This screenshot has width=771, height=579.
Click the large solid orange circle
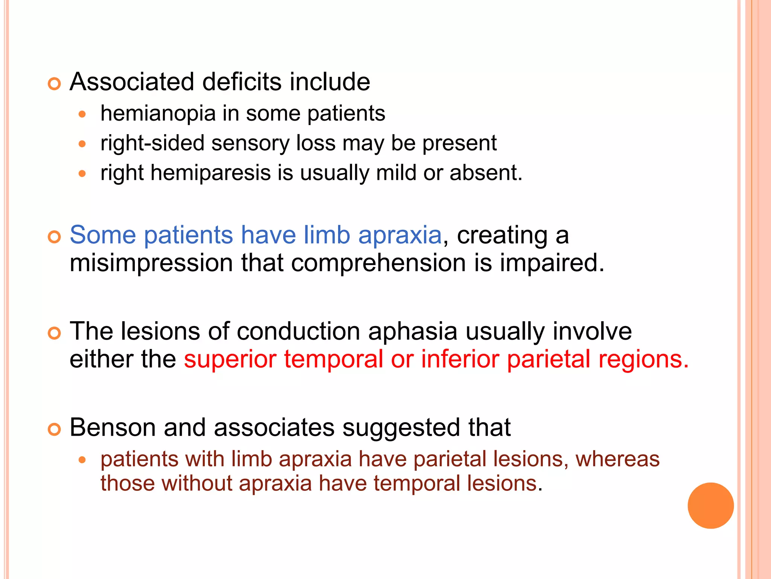[710, 505]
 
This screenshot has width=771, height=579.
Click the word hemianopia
[158, 113]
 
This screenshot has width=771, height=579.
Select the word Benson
[113, 427]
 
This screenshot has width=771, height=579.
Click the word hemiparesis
[210, 173]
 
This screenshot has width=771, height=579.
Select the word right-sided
[152, 143]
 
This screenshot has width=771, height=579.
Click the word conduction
[298, 331]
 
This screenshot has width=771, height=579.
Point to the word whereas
[617, 459]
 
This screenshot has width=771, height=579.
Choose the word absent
[486, 173]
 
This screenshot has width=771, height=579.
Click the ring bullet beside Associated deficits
[54, 84]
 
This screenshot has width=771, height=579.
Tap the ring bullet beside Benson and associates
[54, 429]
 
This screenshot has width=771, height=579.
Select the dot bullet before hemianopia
[82, 114]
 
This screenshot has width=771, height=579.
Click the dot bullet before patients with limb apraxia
[82, 460]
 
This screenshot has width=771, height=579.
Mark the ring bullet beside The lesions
[54, 333]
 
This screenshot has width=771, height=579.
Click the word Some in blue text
[102, 235]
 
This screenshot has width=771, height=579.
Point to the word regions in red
[643, 360]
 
